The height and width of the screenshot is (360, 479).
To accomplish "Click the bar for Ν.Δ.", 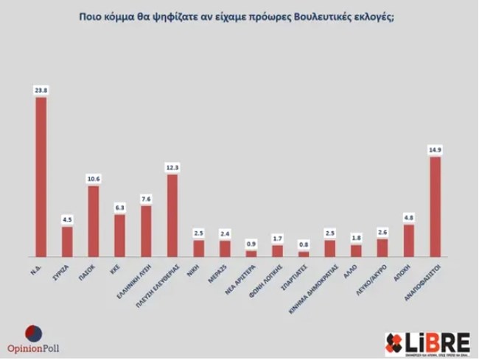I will [x=41, y=177].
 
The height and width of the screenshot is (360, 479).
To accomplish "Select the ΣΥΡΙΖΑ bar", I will [x=67, y=241].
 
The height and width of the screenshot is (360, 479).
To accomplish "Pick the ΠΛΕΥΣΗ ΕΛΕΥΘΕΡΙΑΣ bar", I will [x=172, y=215].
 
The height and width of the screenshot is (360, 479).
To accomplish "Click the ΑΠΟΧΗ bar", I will [x=409, y=241].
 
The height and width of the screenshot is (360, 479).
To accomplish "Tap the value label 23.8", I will [x=41, y=91].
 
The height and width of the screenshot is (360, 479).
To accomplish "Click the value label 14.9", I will [x=435, y=150].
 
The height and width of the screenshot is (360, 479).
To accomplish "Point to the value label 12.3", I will [x=172, y=168].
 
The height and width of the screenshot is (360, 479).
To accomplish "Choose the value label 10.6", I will [x=94, y=179].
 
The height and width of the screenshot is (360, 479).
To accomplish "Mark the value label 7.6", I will [x=146, y=199].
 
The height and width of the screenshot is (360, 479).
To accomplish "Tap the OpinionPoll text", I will [x=32, y=348].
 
